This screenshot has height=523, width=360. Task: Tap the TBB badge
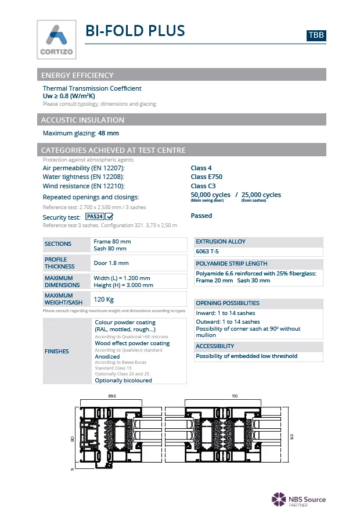[316, 35]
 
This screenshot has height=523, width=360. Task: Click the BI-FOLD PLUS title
[135, 31]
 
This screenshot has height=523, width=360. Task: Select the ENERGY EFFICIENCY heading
[77, 75]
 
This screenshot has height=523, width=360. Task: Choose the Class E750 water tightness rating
[206, 177]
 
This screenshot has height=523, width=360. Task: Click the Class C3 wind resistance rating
[203, 186]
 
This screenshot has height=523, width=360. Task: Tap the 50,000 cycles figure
[210, 195]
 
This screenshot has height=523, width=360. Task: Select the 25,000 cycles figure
[261, 195]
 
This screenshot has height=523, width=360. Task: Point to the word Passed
[201, 216]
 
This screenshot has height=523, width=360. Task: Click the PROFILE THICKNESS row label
[56, 263]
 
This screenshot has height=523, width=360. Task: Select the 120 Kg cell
[103, 299]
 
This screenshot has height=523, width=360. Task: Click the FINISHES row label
[57, 351]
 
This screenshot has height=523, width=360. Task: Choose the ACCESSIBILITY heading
[215, 346]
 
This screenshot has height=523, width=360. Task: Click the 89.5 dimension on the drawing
[112, 396]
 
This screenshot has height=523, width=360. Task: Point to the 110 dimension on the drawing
[235, 396]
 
